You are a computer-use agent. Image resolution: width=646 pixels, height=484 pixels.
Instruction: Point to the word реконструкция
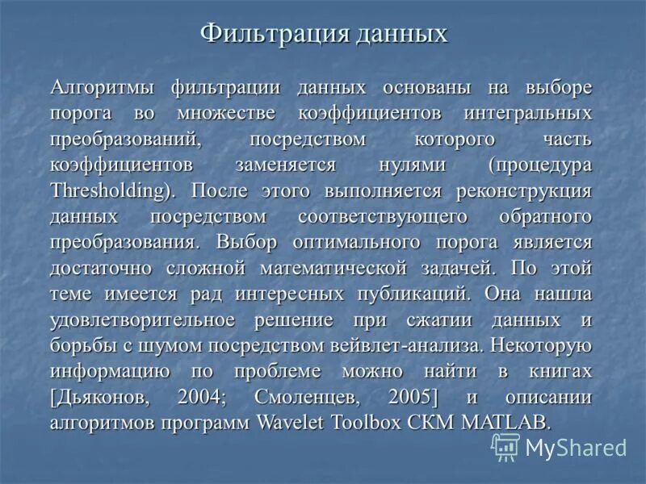[523, 191]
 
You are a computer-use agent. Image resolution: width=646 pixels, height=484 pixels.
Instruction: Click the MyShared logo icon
[505, 447]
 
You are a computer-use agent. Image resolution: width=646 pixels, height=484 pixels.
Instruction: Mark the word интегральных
[529, 113]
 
